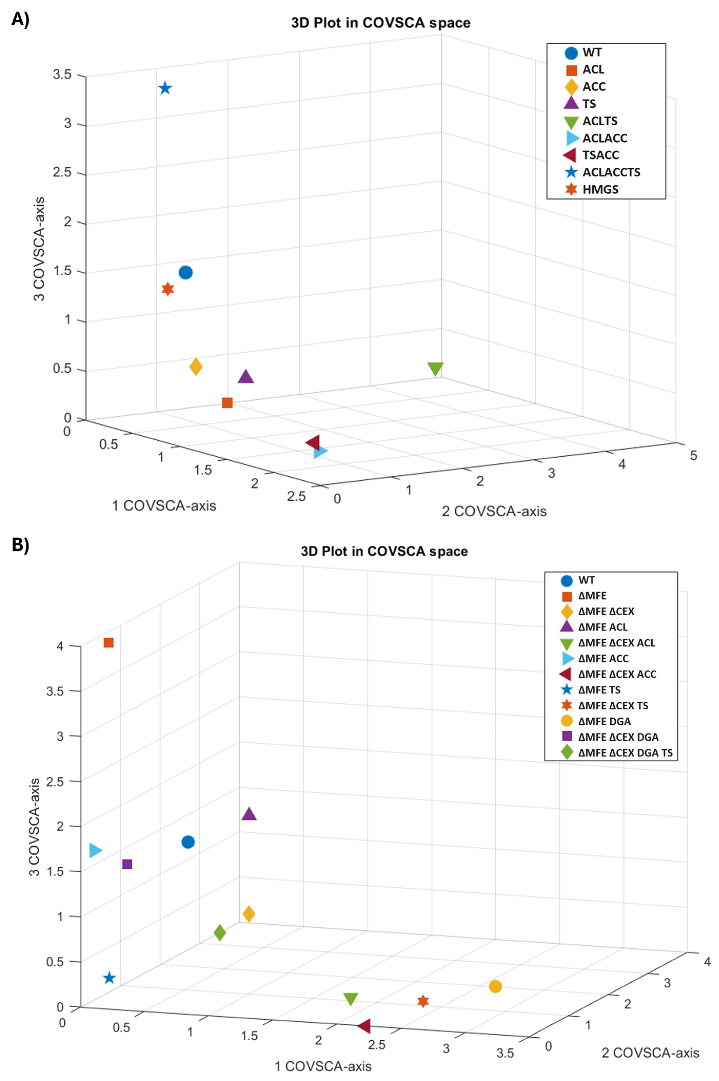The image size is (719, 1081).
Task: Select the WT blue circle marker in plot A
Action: [x=185, y=272]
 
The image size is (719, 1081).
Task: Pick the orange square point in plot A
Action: [x=227, y=402]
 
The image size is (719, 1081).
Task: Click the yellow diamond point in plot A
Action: [x=196, y=367]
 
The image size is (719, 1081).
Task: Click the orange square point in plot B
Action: [x=109, y=643]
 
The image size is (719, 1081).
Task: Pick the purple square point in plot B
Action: [x=127, y=864]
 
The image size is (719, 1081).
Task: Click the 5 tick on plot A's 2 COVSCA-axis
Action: [x=693, y=455]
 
